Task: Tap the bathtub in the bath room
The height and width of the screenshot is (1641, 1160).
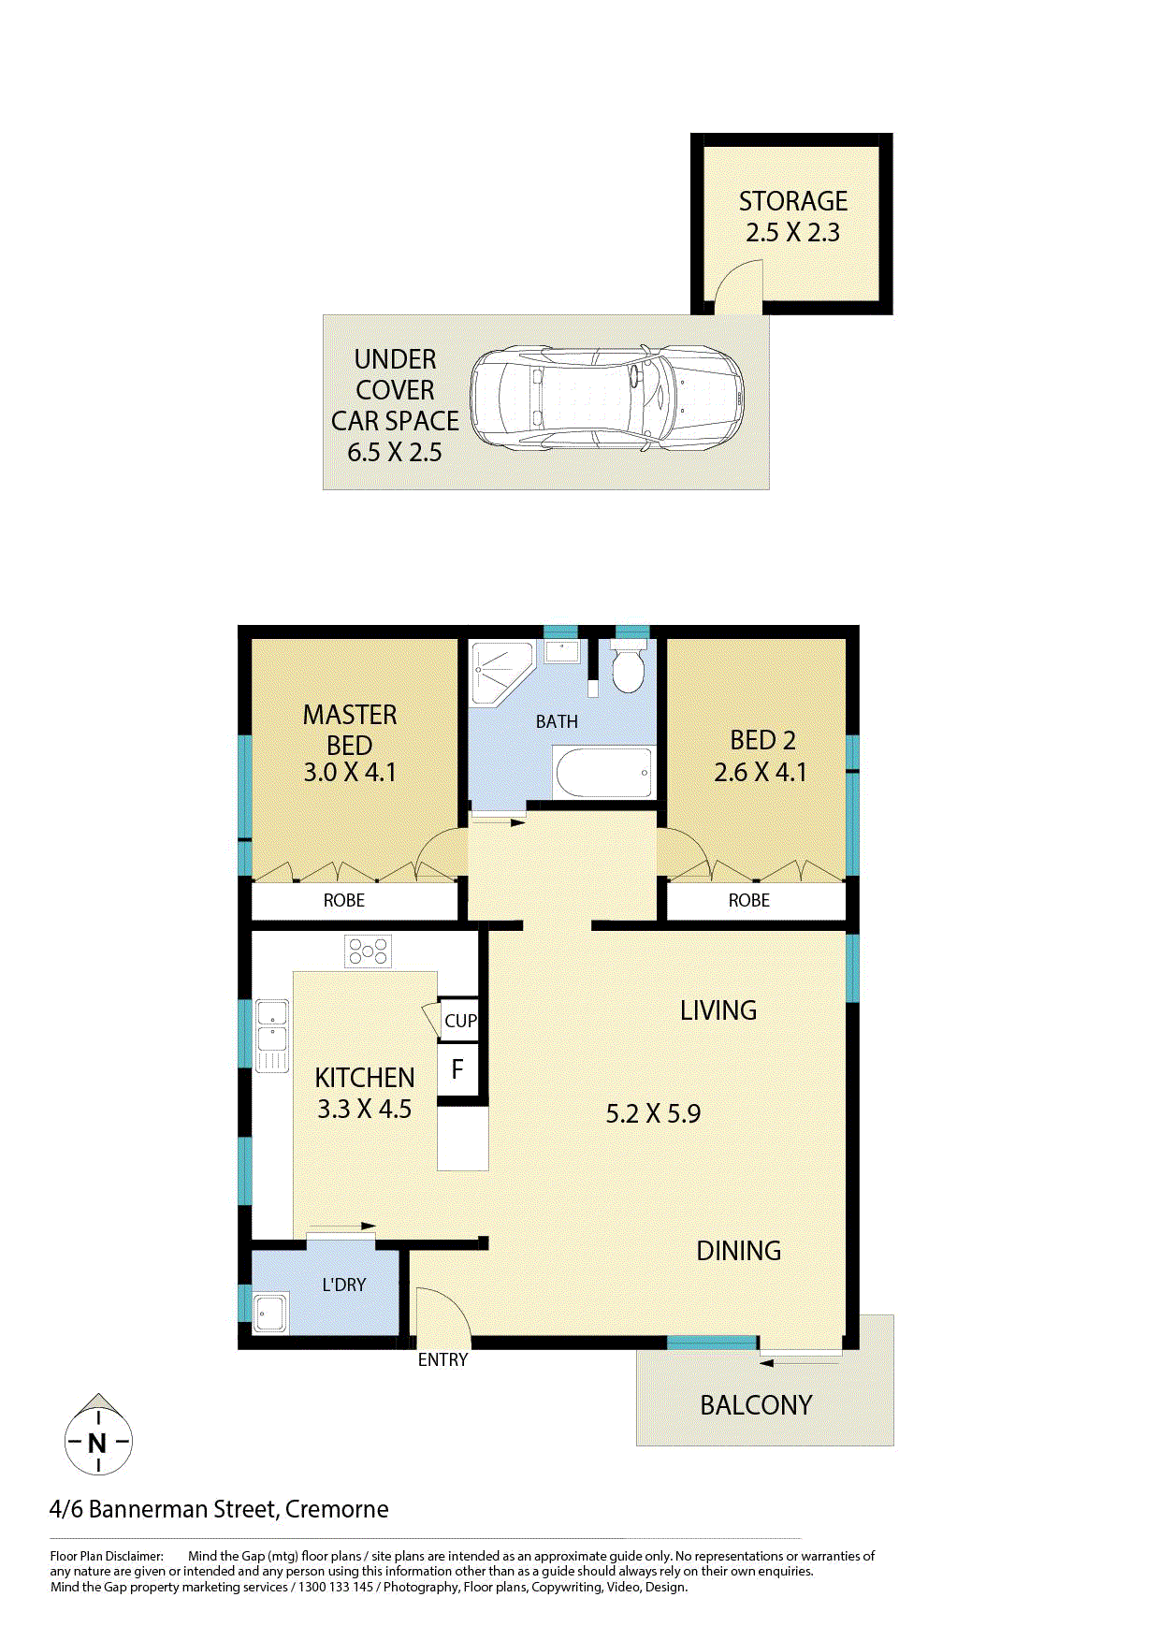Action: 603,773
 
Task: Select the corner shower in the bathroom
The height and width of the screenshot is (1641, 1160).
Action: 499,672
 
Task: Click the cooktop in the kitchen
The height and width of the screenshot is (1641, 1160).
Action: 368,952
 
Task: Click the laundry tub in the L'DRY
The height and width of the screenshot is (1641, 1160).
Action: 270,1313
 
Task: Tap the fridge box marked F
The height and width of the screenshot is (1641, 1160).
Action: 457,1069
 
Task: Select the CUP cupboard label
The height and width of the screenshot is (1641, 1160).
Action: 460,1021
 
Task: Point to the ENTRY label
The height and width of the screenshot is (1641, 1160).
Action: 442,1359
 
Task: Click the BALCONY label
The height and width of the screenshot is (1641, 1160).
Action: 756,1404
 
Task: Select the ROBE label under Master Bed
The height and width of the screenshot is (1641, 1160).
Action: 344,900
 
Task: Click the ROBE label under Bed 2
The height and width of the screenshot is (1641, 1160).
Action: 749,900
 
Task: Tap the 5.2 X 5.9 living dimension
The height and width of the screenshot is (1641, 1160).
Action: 653,1113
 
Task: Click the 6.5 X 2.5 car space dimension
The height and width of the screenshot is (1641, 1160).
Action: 395,453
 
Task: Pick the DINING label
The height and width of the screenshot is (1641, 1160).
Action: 739,1251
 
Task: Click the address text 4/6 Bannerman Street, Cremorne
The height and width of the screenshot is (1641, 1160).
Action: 219,1509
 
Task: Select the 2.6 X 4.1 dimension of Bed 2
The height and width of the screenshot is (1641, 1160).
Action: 760,772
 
